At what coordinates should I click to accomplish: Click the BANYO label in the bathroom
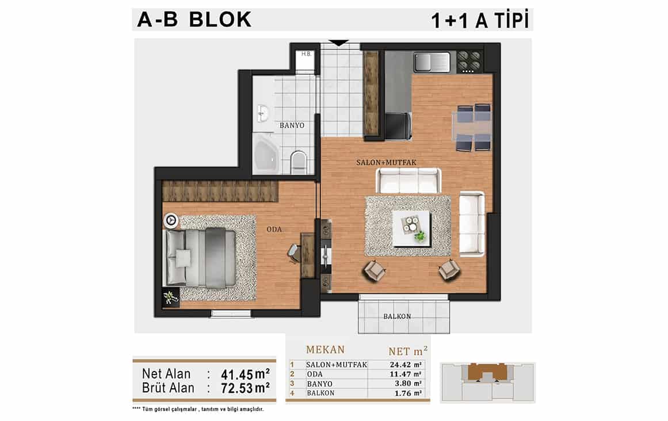(x=292, y=125)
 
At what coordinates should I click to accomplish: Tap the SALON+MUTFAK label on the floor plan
(x=386, y=162)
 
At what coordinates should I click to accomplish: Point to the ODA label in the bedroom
(x=274, y=229)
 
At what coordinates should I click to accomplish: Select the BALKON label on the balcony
(x=397, y=316)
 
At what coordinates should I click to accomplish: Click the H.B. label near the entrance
(x=306, y=54)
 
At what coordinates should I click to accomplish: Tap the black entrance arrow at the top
(x=339, y=43)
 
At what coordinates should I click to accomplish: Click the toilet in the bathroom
(x=298, y=162)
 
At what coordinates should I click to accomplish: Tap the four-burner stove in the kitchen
(x=468, y=62)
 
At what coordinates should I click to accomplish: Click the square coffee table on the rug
(x=411, y=229)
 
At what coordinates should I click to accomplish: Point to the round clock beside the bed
(x=171, y=220)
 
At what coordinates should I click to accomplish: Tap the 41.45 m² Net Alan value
(x=245, y=374)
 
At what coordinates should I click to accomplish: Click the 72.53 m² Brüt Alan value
(x=245, y=388)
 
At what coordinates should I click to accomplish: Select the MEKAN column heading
(x=326, y=350)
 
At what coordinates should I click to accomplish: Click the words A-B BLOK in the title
(x=194, y=20)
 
